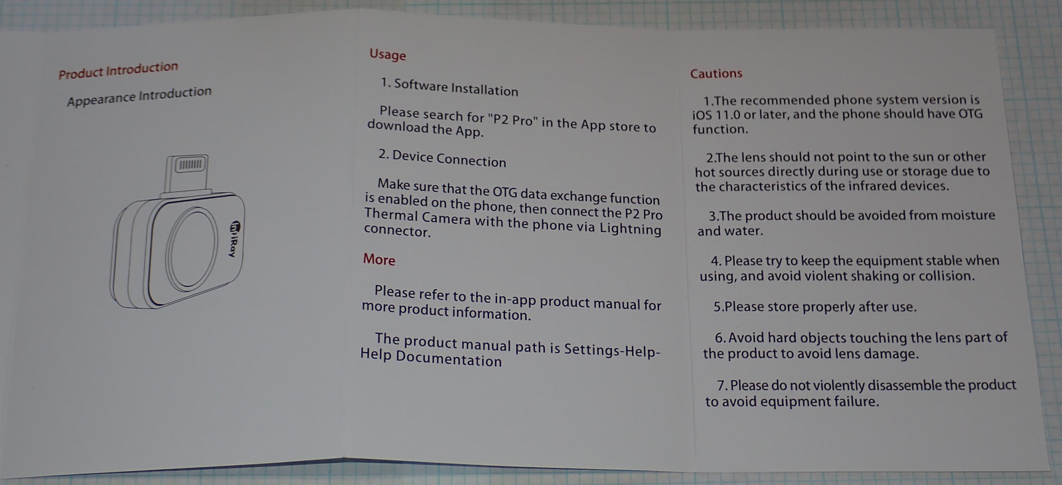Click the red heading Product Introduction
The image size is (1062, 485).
coord(119,70)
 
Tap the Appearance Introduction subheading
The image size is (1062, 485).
coord(139,96)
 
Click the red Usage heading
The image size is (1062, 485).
coord(388,54)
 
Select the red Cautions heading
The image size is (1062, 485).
coord(716,74)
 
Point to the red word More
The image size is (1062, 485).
coord(379,259)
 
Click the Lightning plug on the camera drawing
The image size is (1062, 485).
coord(187,173)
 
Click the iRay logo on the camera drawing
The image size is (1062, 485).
coord(235,239)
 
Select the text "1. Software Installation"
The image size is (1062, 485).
coord(449,87)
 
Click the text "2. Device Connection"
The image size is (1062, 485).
coord(442,158)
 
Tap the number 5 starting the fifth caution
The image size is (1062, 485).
coord(717,307)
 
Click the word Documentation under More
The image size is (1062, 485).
coord(449,358)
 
